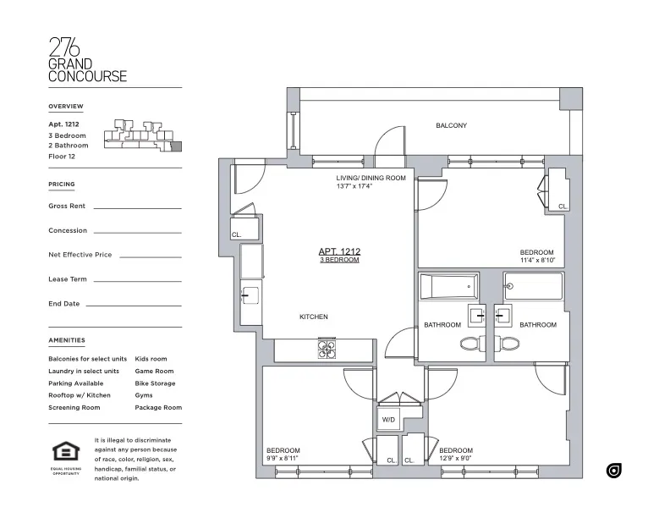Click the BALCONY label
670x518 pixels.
pos(451,126)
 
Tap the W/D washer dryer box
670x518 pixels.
pos(389,419)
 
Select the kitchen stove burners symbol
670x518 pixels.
pos(327,349)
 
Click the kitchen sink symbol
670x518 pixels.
pos(250,295)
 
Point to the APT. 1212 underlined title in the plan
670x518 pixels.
pos(339,251)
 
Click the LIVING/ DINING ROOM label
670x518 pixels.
pos(371,179)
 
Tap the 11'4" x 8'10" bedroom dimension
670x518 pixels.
pos(536,261)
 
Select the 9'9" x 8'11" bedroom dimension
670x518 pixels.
pos(283,458)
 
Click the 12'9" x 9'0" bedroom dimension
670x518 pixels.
pos(456,458)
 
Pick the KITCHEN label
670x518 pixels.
pos(313,317)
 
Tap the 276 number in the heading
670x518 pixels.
pos(64,47)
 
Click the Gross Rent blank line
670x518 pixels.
pos(137,207)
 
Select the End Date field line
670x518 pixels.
pos(134,305)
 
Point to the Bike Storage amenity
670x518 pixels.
pos(155,383)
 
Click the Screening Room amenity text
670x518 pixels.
pos(74,408)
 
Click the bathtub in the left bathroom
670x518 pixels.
pos(448,286)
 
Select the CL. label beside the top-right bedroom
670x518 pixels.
pos(563,206)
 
